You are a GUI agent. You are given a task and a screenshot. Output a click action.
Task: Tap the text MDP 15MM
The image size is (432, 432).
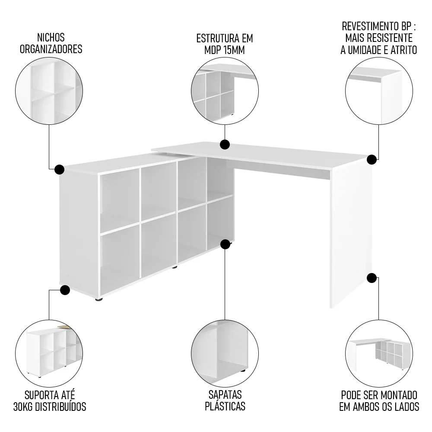(225, 50)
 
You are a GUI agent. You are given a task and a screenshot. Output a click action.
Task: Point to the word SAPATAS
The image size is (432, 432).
(225, 395)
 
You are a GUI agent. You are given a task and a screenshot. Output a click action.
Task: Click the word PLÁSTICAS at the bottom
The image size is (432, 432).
(225, 407)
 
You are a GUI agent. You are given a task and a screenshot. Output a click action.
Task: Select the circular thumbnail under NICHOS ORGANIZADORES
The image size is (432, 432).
(49, 92)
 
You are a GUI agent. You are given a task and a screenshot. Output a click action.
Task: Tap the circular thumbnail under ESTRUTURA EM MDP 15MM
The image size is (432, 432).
(225, 92)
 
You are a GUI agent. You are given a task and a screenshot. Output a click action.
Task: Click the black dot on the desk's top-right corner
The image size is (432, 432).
(371, 159)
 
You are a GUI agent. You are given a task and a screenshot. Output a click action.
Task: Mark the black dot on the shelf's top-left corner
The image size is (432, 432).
(60, 169)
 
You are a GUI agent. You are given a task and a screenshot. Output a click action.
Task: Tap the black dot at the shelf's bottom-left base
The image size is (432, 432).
(65, 290)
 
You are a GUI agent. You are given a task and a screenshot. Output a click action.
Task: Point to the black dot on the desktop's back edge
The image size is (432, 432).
(225, 144)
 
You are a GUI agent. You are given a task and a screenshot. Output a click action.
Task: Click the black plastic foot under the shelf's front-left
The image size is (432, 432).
(99, 299)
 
